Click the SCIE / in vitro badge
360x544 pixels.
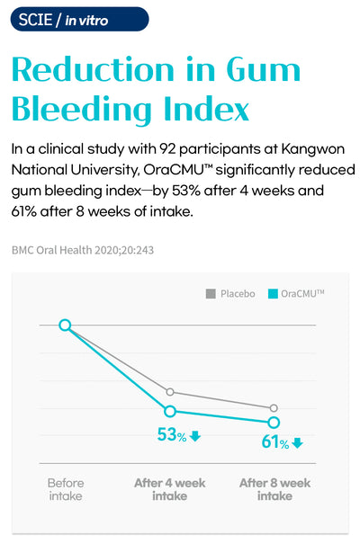pos(79,20)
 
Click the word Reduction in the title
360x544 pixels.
pos(93,69)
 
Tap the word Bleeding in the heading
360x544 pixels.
pos(82,109)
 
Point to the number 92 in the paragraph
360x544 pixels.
pos(167,149)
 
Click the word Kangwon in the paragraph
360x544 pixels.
pos(313,149)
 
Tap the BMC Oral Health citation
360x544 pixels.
pos(83,250)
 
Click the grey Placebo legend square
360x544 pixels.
pos(211,293)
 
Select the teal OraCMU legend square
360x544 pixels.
pos(273,293)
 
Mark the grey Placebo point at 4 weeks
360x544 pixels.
pos(170,392)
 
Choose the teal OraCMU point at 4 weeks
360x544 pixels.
pos(170,412)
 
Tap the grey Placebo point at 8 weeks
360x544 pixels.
pos(274,408)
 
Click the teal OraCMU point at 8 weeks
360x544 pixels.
pos(274,423)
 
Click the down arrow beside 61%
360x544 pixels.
pos(298,443)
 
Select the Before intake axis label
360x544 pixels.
pos(66,489)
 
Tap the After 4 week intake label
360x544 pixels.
pos(170,489)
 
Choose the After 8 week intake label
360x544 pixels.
pos(274,489)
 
